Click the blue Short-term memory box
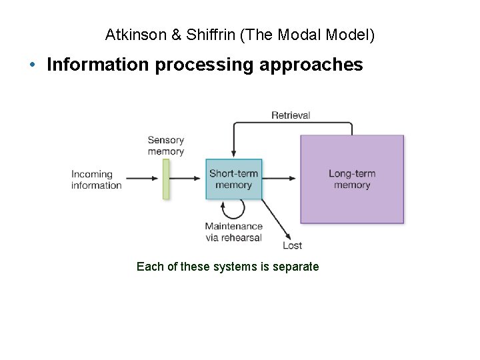click(x=233, y=179)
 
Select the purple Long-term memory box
click(x=352, y=179)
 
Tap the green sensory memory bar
click(x=166, y=179)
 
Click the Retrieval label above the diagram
click(x=290, y=115)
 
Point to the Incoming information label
click(x=96, y=180)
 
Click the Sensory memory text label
click(x=165, y=145)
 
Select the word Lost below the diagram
click(x=292, y=246)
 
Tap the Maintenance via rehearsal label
click(x=233, y=232)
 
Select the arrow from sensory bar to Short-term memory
click(x=188, y=179)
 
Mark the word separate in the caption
click(x=297, y=267)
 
